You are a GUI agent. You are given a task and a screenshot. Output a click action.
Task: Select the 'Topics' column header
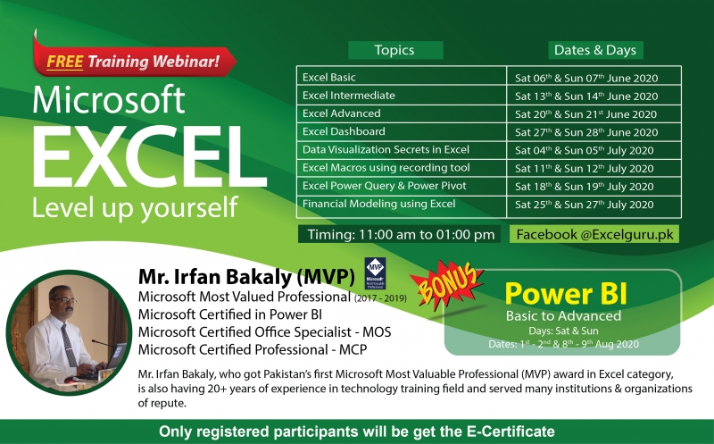(394, 50)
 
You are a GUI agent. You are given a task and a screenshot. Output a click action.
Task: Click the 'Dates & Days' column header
(595, 50)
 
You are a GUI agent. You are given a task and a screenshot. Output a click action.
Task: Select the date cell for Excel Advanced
(585, 114)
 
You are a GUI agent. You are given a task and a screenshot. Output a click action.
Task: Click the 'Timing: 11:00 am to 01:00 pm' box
(397, 235)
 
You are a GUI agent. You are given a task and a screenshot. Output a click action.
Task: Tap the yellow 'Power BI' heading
(562, 294)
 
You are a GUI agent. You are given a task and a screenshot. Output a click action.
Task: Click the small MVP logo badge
(375, 272)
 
